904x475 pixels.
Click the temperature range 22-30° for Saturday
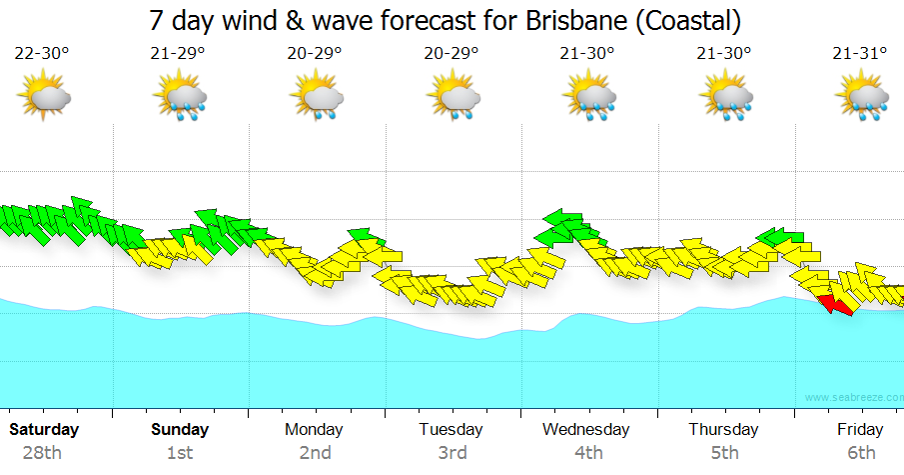(45, 53)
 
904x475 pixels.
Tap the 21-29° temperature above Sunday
(181, 53)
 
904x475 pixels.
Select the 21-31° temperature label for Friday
(860, 53)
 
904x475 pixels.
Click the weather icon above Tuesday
(452, 97)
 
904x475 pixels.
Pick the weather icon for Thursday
(725, 97)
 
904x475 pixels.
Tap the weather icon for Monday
(317, 97)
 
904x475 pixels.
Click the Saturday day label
(44, 429)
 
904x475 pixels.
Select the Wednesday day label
(586, 429)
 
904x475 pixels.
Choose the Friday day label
(860, 429)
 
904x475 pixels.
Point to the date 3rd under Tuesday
(452, 453)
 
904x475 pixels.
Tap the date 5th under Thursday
(724, 453)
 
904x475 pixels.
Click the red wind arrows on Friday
(835, 303)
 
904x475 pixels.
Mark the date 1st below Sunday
(180, 453)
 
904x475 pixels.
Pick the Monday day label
(314, 429)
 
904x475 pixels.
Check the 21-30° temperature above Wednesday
(588, 53)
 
